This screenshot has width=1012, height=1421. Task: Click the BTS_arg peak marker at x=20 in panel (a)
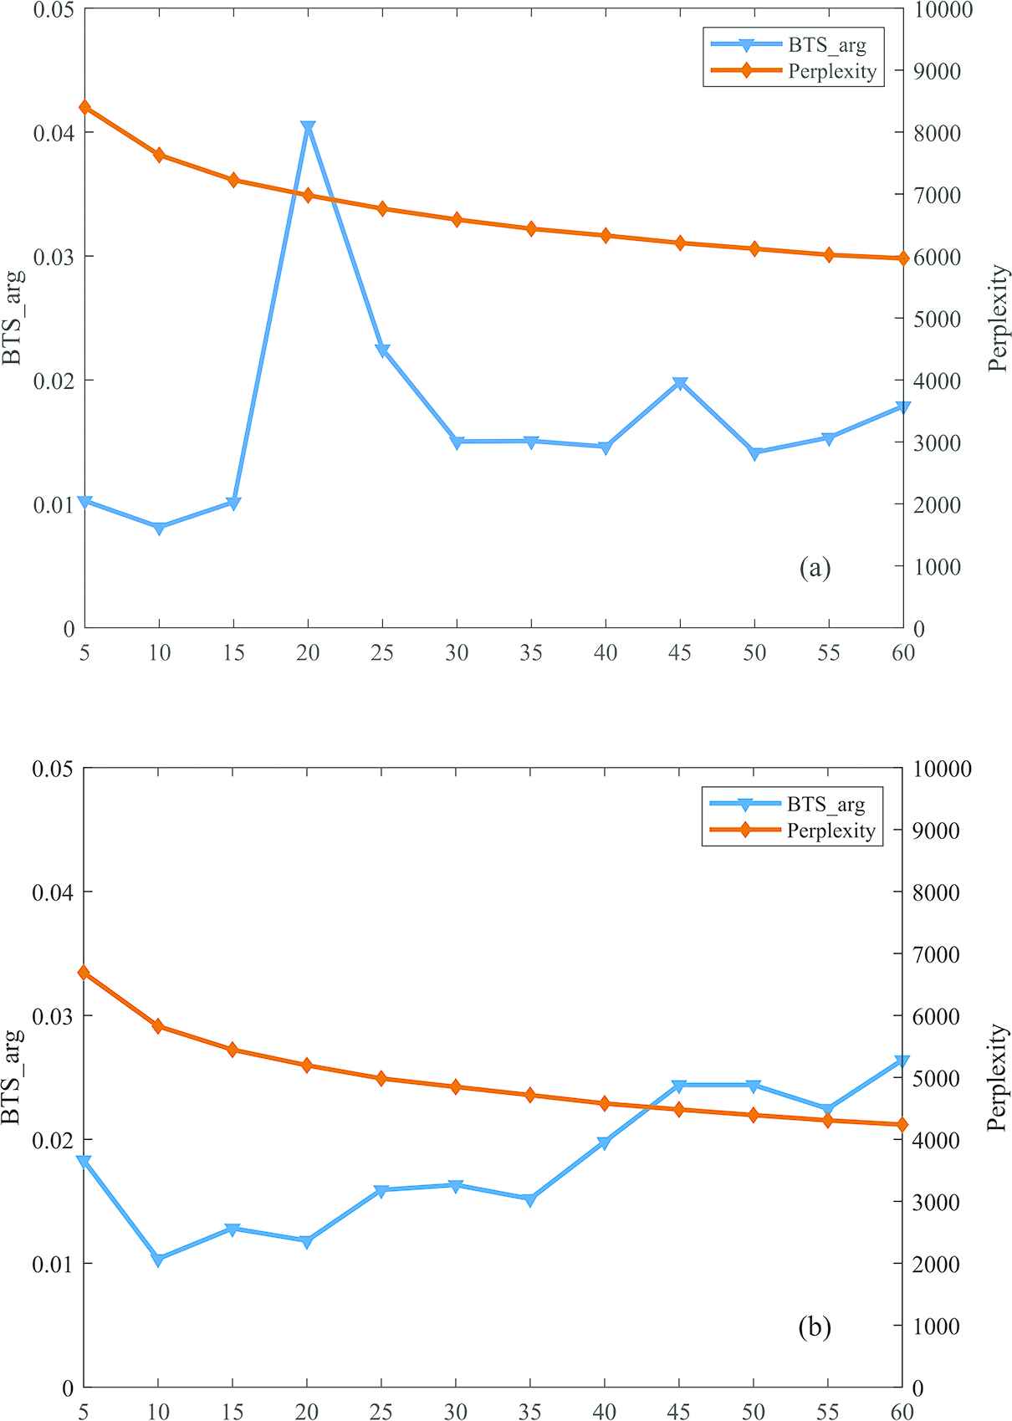click(x=308, y=128)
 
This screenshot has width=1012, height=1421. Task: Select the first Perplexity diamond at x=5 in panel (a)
click(x=84, y=107)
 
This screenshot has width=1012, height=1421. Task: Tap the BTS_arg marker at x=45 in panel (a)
click(x=680, y=384)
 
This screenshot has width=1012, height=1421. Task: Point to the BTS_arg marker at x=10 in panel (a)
click(x=159, y=528)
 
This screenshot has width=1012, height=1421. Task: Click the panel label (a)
click(x=815, y=569)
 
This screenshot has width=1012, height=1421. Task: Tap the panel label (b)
click(x=815, y=1327)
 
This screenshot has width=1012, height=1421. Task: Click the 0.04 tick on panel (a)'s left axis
click(x=54, y=133)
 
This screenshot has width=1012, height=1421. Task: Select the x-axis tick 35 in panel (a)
click(x=531, y=652)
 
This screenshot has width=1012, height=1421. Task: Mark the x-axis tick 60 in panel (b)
click(x=902, y=1412)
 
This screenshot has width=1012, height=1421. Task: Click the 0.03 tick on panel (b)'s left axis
click(x=54, y=1016)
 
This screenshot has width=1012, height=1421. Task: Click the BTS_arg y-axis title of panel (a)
click(x=13, y=318)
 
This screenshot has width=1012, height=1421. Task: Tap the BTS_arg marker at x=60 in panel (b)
click(x=902, y=1062)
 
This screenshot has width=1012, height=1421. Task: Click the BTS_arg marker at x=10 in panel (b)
click(x=158, y=1260)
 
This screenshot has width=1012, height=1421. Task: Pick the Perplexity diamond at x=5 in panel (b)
click(x=84, y=973)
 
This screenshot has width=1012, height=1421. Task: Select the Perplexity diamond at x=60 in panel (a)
click(x=902, y=258)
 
